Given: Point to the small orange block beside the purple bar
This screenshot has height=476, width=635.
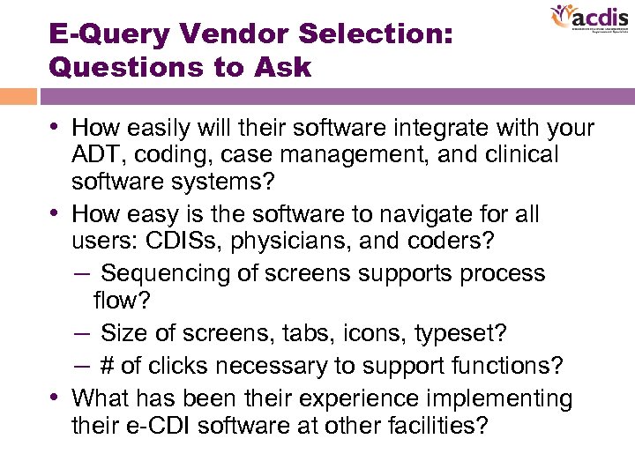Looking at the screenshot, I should [x=18, y=96].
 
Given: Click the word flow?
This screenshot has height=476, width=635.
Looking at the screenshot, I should [x=122, y=301].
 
